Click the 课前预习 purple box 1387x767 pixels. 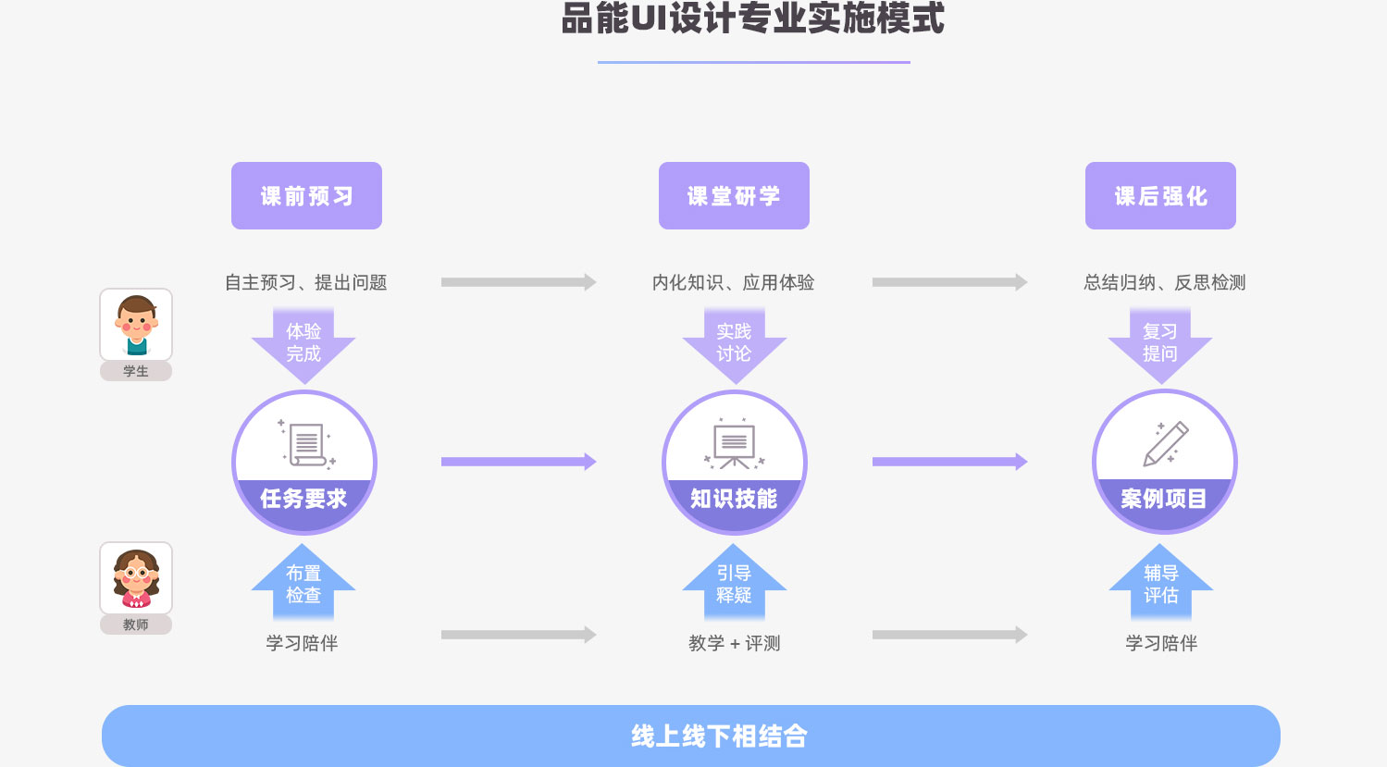pos(306,195)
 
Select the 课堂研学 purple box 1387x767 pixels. pos(734,195)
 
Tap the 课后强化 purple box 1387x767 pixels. pos(1160,195)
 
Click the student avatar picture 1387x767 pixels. pos(136,324)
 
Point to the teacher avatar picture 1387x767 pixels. pos(136,577)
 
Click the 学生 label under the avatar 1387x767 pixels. pos(136,371)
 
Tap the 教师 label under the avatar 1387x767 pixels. pos(136,625)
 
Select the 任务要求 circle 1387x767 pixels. pos(303,462)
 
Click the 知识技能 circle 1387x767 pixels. pos(734,462)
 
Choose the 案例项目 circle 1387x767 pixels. pos(1164,462)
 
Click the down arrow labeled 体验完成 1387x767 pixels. pos(303,344)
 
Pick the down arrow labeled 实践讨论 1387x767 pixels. pos(734,344)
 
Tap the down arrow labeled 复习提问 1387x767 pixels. pos(1160,344)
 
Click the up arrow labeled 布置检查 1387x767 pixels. pos(303,583)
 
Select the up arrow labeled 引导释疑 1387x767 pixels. pos(734,583)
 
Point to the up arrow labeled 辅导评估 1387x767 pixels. pos(1160,583)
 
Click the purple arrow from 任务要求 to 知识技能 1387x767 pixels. pos(518,462)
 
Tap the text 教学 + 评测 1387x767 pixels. pos(734,643)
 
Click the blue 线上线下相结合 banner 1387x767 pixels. pos(690,736)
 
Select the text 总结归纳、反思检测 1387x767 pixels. pos(1164,282)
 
